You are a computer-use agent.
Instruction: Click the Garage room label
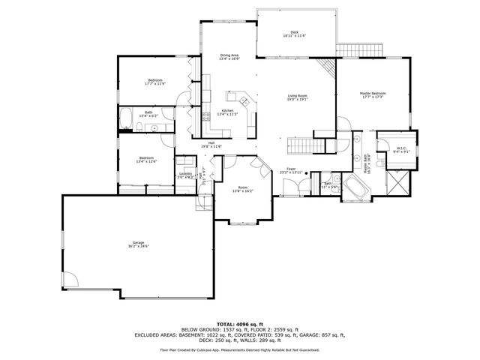(138, 243)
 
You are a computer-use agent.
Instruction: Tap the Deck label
(295, 32)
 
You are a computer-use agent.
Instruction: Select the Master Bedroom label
(372, 94)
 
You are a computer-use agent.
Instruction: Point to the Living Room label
(298, 96)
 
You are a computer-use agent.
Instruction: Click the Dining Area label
(229, 55)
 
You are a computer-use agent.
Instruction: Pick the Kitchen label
(226, 111)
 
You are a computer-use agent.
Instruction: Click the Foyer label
(290, 169)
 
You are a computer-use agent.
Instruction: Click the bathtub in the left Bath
(127, 117)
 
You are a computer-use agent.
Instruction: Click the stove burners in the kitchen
(206, 115)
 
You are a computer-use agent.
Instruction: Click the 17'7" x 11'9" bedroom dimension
(154, 84)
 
